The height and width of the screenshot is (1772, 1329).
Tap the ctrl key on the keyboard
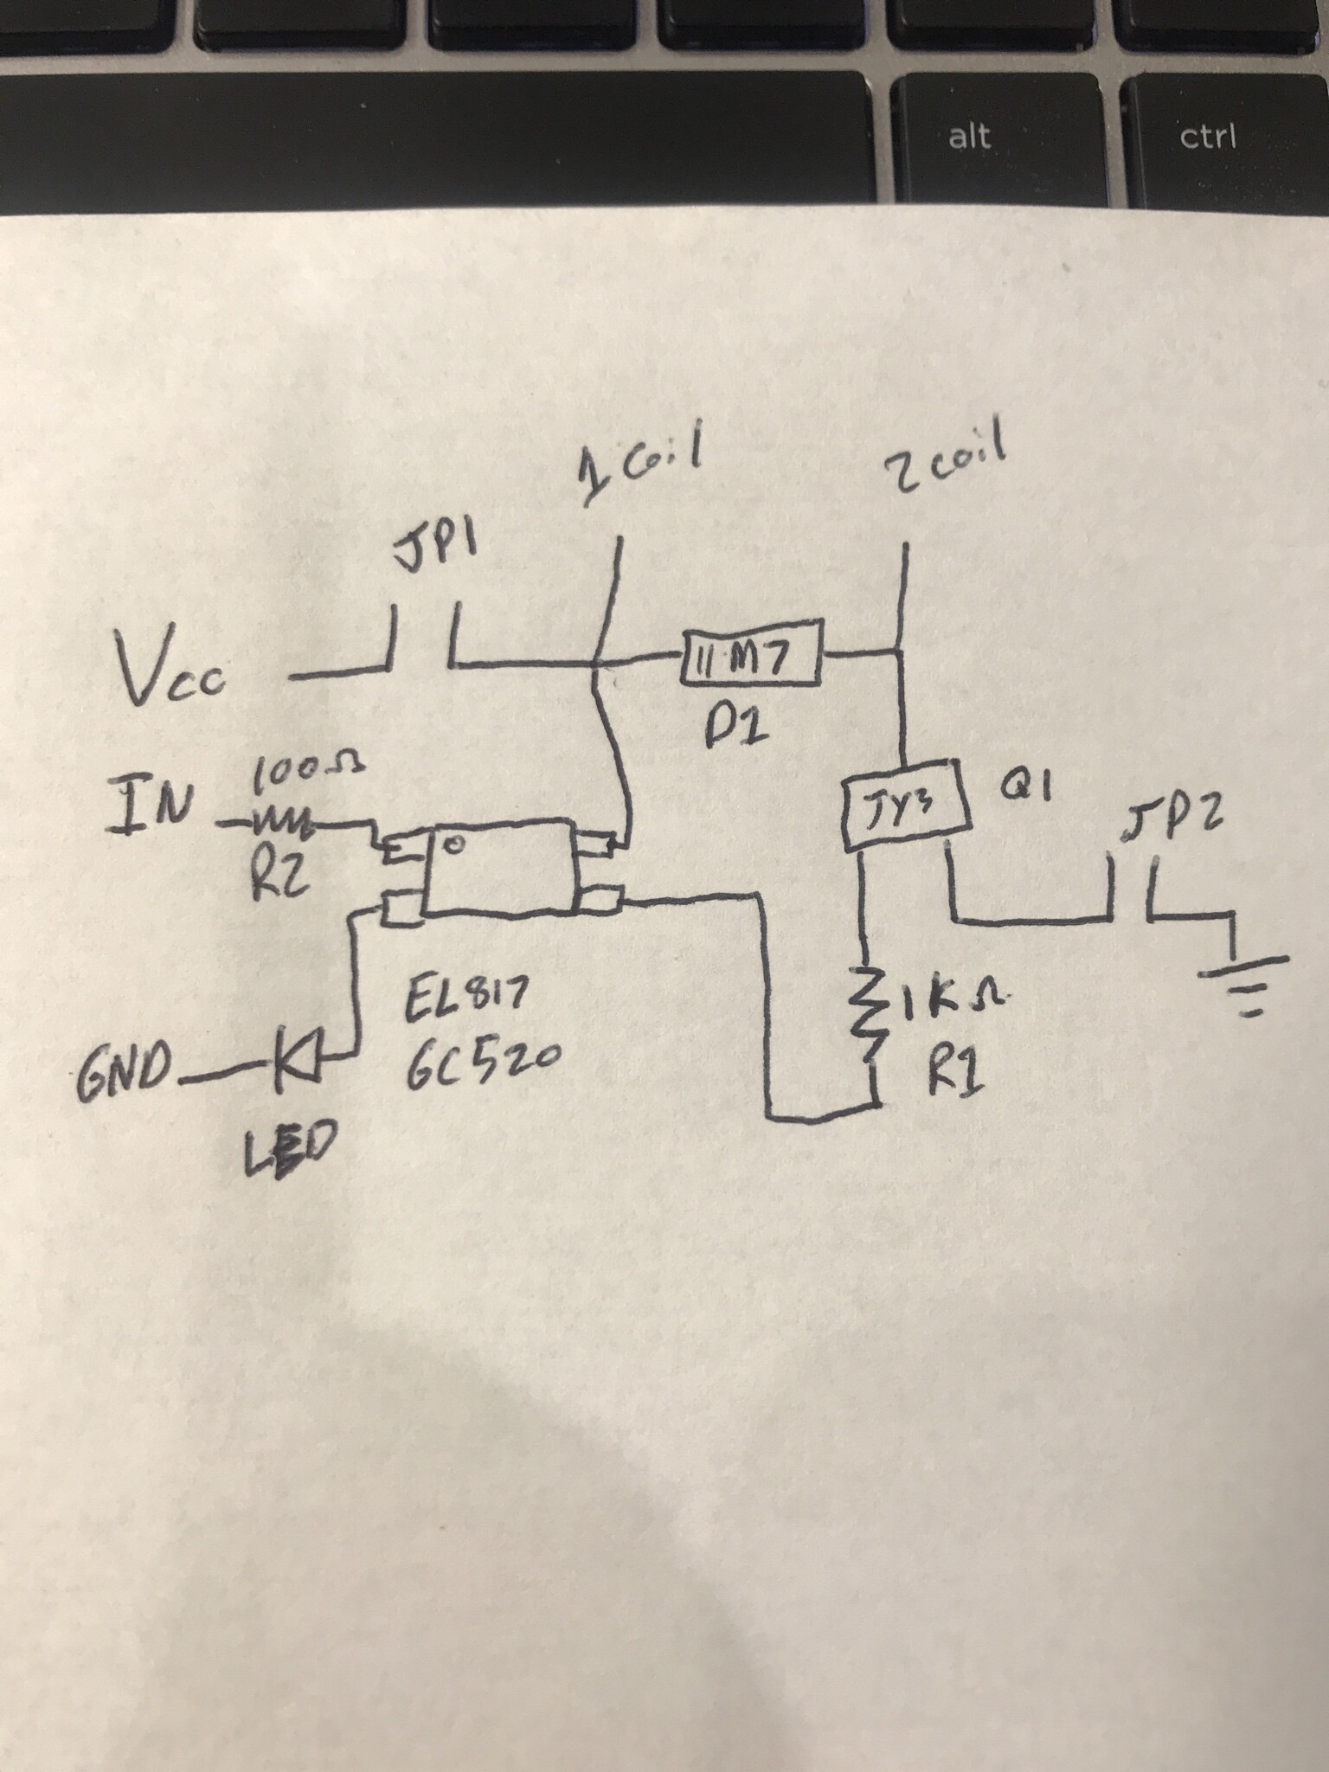[1221, 138]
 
